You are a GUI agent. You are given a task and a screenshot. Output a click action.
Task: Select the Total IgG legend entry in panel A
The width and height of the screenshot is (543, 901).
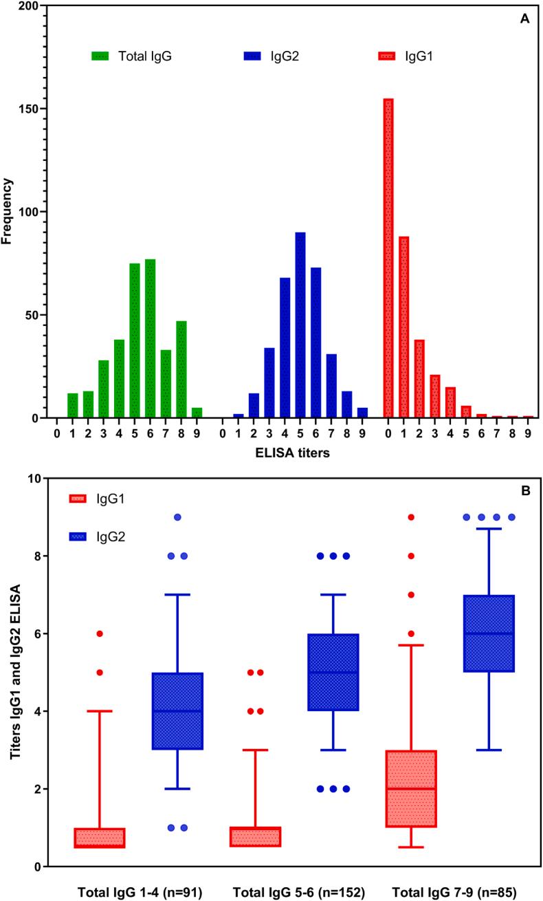[x=131, y=56]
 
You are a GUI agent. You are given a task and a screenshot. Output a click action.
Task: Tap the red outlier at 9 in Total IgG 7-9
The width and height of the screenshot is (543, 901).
[x=410, y=517]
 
